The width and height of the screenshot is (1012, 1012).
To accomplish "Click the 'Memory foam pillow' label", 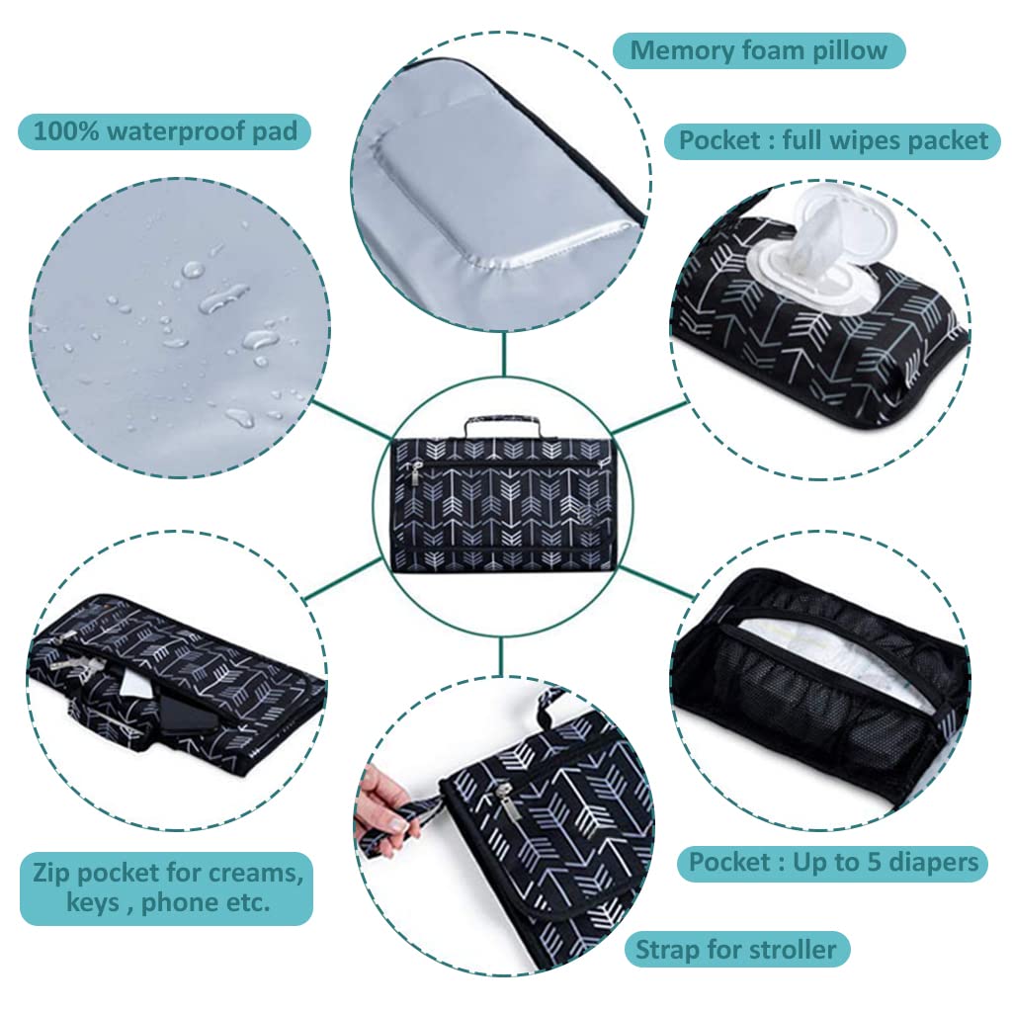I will coord(759,50).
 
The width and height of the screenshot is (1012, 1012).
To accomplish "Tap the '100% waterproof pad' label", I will coord(164,130).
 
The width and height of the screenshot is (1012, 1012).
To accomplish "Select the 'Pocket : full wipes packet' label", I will coord(833,140).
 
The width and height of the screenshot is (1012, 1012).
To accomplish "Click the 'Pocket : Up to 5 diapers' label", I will coord(833,862).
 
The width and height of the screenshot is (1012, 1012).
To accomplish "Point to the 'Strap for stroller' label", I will coord(736,951).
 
